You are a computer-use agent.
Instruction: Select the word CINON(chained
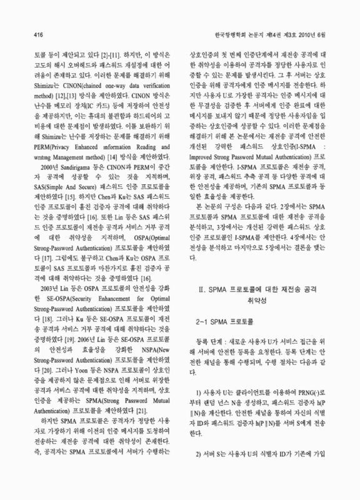[x=73, y=88]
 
